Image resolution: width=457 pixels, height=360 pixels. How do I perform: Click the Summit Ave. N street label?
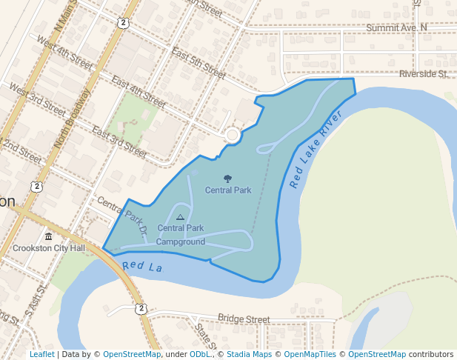click(397, 27)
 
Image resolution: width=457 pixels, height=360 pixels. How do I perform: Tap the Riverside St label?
click(423, 74)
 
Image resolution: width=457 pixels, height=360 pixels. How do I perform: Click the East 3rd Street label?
click(119, 140)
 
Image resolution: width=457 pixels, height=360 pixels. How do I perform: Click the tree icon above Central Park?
click(227, 179)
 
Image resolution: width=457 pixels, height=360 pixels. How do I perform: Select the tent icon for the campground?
click(180, 217)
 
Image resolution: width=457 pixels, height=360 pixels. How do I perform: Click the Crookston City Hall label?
click(49, 248)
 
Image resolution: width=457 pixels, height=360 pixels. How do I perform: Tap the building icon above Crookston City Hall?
click(48, 236)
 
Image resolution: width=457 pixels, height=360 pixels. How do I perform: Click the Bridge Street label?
click(243, 319)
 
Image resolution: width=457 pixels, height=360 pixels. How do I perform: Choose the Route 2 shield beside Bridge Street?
click(141, 308)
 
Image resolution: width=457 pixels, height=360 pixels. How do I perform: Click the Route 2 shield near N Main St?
click(123, 23)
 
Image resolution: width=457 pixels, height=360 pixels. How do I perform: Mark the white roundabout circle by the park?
click(233, 135)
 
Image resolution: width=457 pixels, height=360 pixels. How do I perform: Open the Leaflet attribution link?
click(41, 354)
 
